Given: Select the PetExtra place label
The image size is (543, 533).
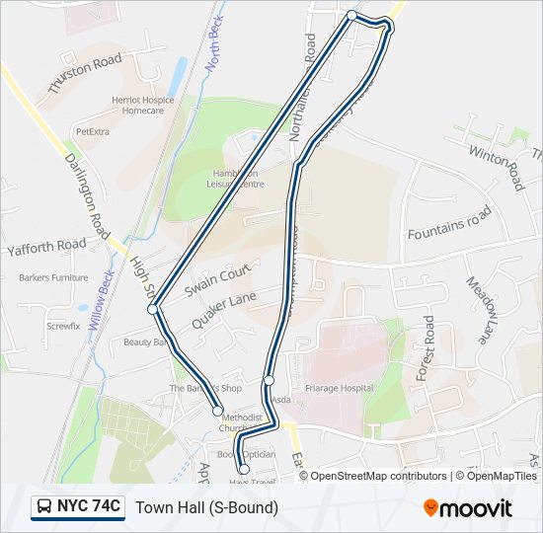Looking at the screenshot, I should pyautogui.click(x=92, y=130).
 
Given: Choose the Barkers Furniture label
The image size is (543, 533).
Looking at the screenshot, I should pyautogui.click(x=53, y=278).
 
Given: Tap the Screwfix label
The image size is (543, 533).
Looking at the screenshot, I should pyautogui.click(x=62, y=325).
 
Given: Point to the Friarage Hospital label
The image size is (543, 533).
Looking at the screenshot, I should pyautogui.click(x=339, y=388).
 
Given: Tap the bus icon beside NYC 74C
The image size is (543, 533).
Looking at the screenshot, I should pyautogui.click(x=45, y=507).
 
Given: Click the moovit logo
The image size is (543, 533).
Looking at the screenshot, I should pyautogui.click(x=468, y=508).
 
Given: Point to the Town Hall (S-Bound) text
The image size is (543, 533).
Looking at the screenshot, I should pyautogui.click(x=206, y=507).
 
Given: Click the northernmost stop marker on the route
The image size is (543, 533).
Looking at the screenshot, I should pyautogui.click(x=352, y=15).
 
